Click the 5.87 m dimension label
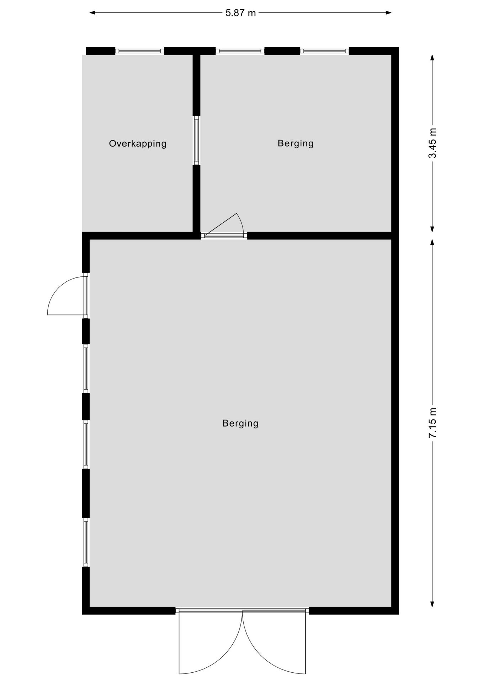pos(240,13)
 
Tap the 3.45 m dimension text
pos(432,143)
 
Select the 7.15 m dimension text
pos(432,423)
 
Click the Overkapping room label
pos(138,144)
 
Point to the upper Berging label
pos(296,143)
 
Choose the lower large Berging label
pos(240,423)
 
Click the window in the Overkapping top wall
pos(140,51)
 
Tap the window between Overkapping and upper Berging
pos(196,140)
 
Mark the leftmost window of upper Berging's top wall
pos(240,51)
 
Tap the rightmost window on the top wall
pos(324,51)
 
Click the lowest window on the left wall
pos(86,542)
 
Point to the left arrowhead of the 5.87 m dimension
pos(92,13)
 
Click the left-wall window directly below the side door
pos(86,368)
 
